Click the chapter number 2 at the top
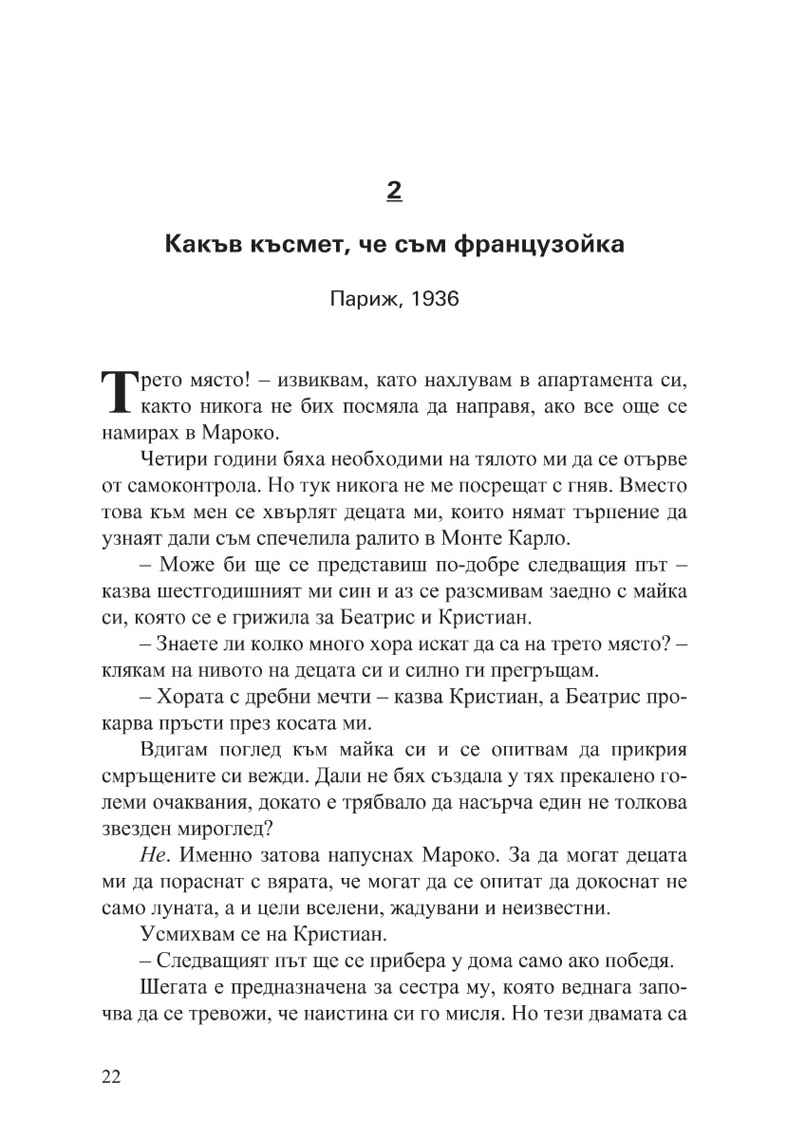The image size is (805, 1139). [x=394, y=191]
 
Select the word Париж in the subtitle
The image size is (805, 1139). [x=362, y=299]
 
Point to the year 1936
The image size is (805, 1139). [x=431, y=299]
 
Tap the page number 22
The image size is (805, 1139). [x=110, y=1076]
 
